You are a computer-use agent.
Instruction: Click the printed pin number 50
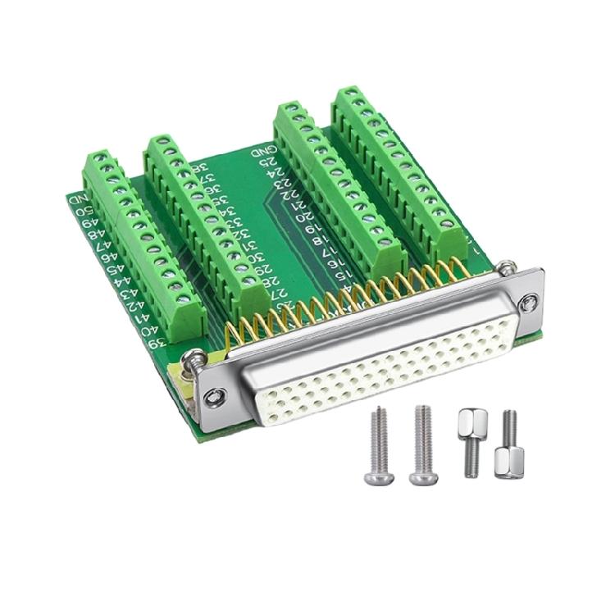tap(82, 212)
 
